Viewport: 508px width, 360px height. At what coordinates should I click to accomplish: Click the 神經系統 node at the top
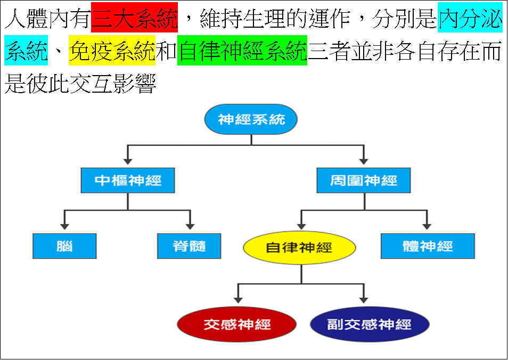251,119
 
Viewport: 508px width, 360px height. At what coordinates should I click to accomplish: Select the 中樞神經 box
128,181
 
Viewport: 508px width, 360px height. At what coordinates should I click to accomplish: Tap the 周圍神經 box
364,181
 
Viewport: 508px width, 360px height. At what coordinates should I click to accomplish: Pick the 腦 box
64,246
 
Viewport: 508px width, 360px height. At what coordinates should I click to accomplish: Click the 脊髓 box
189,246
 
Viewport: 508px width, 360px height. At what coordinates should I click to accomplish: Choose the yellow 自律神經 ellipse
299,248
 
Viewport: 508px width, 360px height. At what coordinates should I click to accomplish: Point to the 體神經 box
428,246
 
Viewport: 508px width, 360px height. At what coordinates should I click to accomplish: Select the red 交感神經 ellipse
237,324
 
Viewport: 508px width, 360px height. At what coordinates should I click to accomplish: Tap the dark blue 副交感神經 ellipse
370,324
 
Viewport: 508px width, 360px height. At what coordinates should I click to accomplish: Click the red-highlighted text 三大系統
134,18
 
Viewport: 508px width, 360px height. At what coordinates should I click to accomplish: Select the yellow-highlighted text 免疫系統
112,51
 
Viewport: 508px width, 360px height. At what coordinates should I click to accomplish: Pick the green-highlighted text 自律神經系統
242,51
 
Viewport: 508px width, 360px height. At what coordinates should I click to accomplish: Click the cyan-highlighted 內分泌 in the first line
470,18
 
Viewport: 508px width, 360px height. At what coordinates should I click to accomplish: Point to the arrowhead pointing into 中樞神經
128,161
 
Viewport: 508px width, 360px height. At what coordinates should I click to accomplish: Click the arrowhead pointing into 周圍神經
364,161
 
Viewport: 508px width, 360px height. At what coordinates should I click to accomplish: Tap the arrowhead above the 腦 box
65,226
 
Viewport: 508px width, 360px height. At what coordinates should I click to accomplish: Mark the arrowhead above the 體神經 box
427,226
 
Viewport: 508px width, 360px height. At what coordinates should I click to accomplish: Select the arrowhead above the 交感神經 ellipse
238,300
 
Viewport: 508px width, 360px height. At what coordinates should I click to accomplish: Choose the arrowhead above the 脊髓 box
190,226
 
